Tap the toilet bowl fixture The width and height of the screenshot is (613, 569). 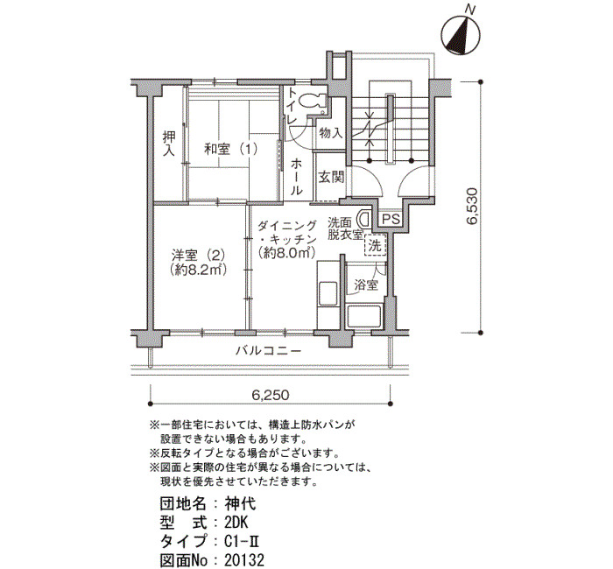tap(314, 101)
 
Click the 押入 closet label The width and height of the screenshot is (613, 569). tap(169, 144)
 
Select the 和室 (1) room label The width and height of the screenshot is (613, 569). tap(231, 149)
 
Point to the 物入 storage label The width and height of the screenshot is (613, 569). tap(331, 133)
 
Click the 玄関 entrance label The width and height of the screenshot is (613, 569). tap(331, 178)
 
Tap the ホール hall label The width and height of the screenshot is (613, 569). tap(296, 177)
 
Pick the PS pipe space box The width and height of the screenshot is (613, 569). tap(391, 219)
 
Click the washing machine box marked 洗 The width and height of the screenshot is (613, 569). tap(375, 245)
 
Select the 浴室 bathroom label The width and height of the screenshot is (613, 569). tap(366, 284)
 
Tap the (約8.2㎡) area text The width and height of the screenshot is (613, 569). tap(199, 270)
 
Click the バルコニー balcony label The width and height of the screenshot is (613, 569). tap(269, 350)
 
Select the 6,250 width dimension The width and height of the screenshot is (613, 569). tap(271, 395)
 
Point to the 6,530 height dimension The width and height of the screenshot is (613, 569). tap(472, 206)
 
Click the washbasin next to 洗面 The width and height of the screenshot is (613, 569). tap(364, 219)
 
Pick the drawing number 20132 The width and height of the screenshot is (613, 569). tap(244, 560)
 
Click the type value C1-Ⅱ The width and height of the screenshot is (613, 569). tap(243, 541)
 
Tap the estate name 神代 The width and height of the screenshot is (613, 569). tap(241, 503)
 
